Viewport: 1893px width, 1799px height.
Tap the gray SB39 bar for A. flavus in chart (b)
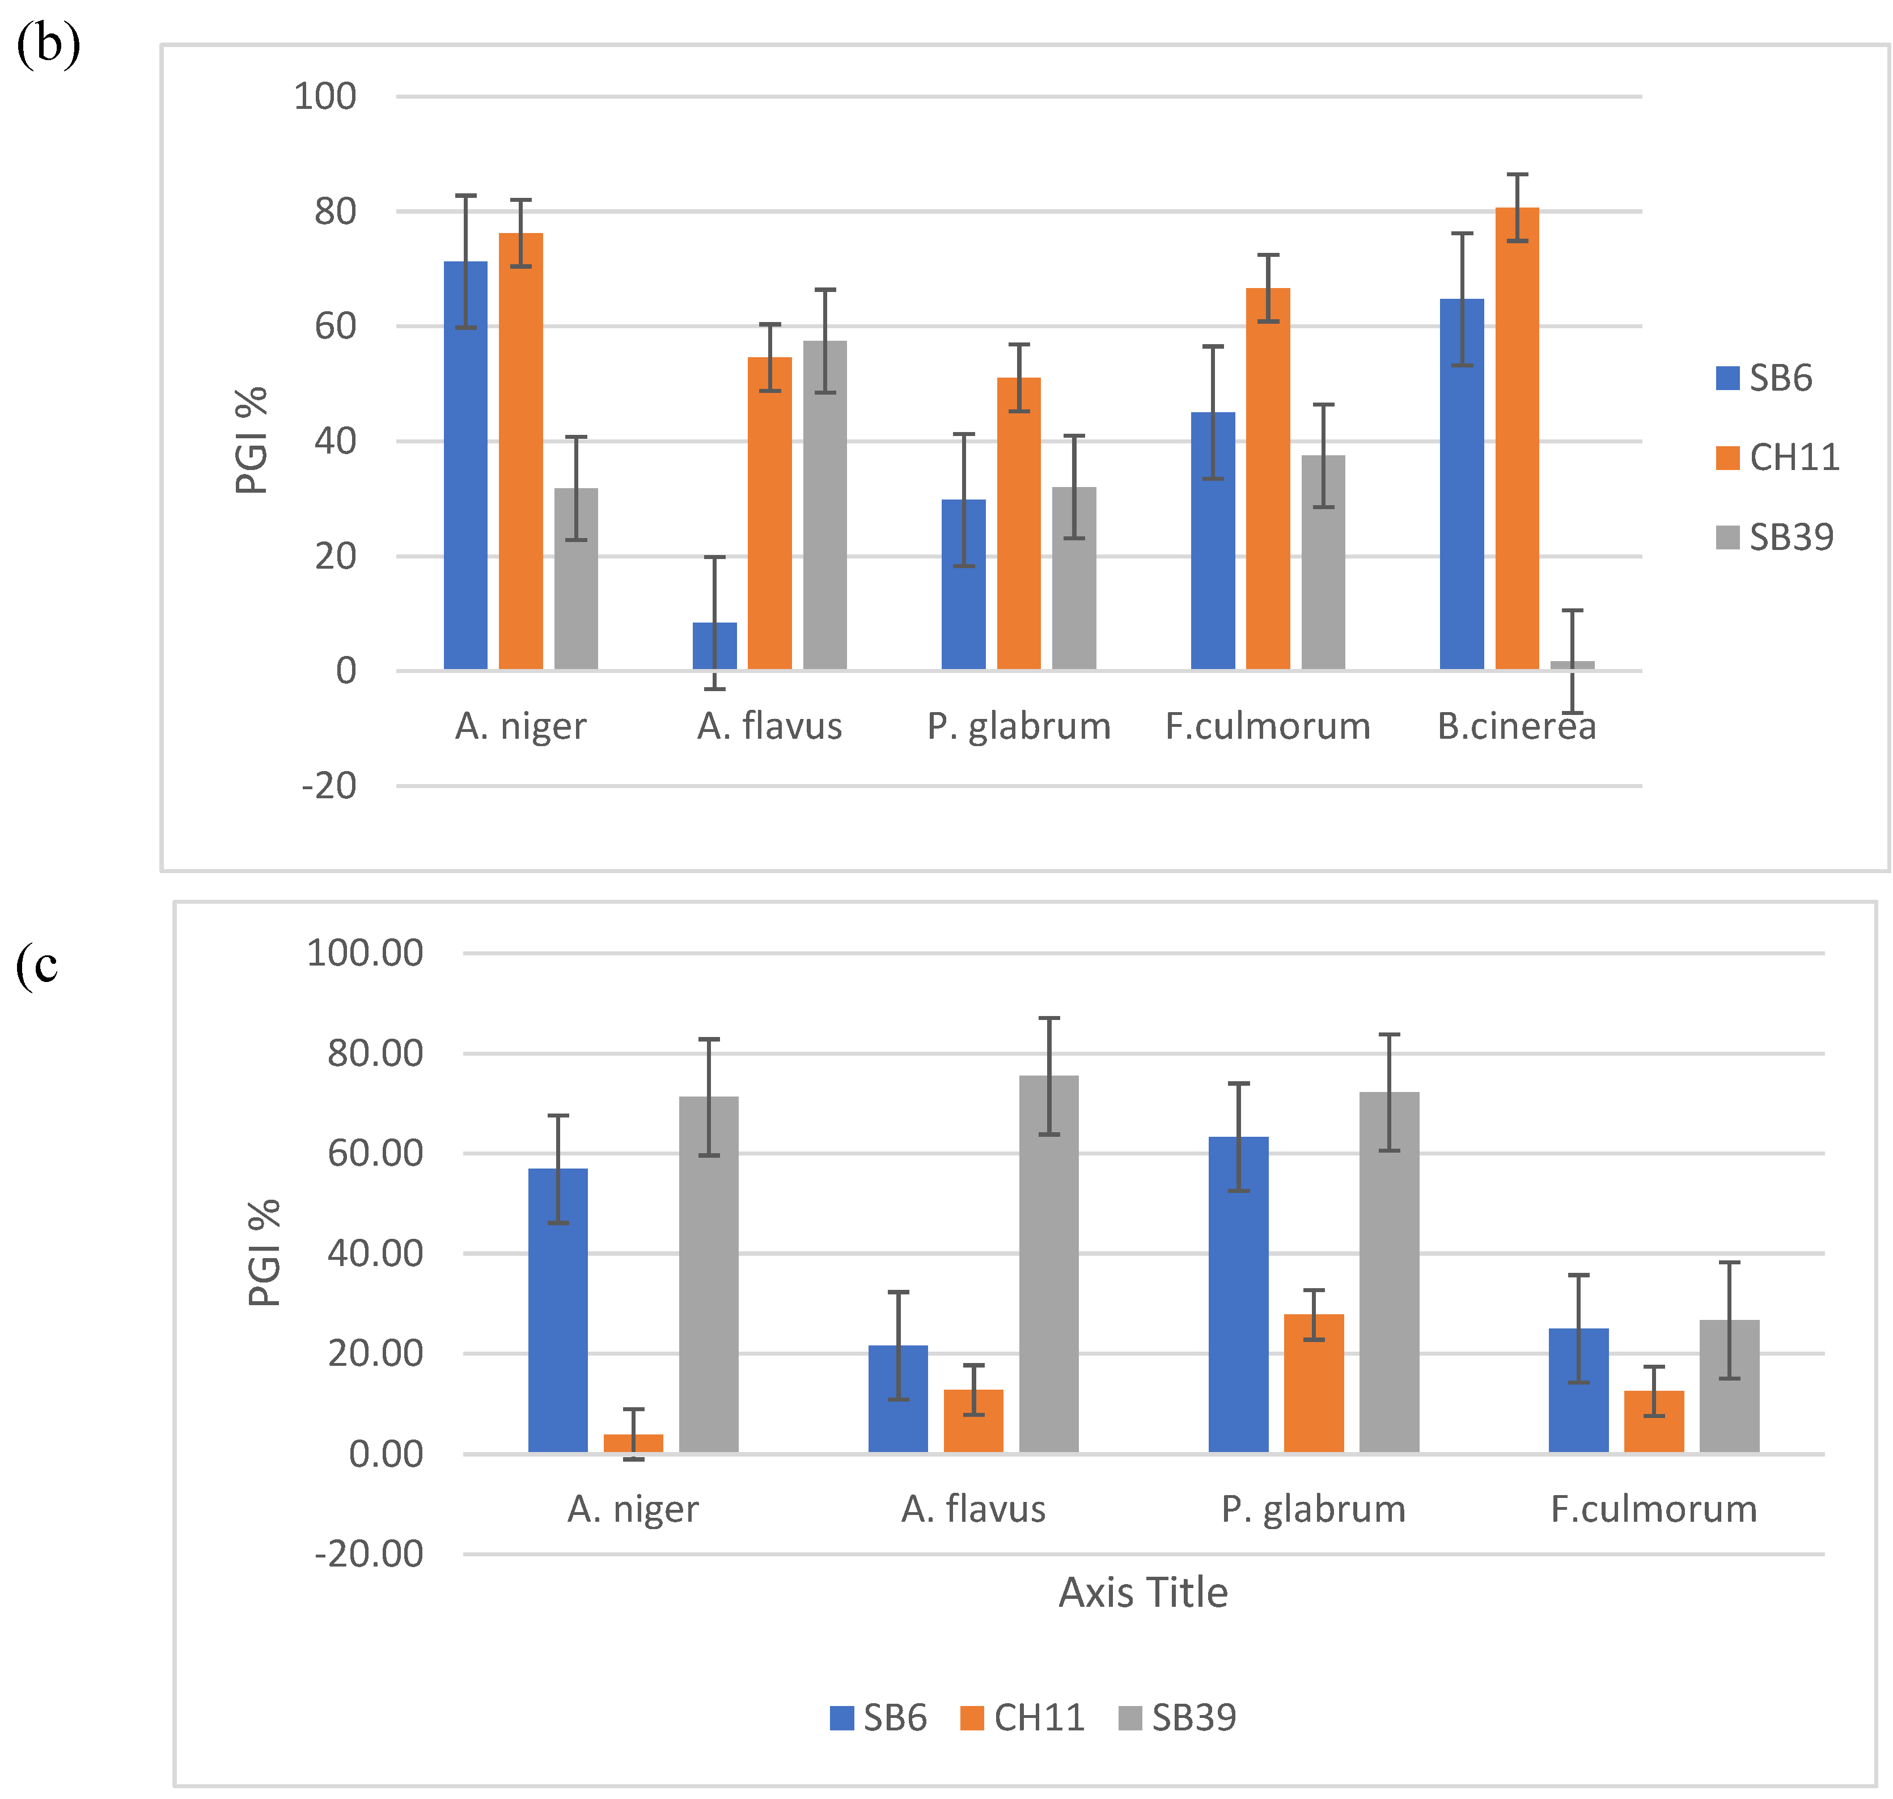coord(825,505)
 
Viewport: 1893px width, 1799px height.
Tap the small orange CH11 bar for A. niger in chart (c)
coord(633,1444)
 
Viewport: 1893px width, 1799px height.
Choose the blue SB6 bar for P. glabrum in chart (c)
coord(1238,1294)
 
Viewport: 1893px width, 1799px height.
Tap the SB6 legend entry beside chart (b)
coord(1764,378)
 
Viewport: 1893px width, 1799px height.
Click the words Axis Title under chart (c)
coord(1142,1592)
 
